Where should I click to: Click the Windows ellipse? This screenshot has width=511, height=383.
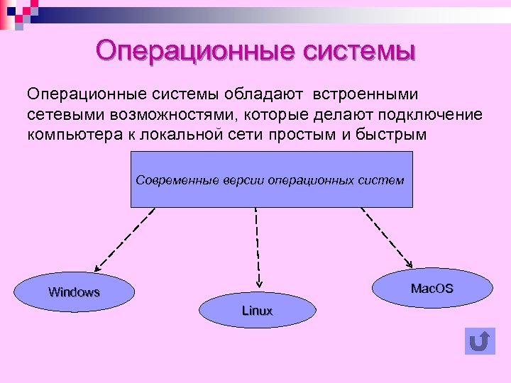point(75,292)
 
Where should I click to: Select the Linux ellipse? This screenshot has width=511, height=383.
point(257,311)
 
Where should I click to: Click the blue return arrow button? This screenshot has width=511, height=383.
point(480,341)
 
